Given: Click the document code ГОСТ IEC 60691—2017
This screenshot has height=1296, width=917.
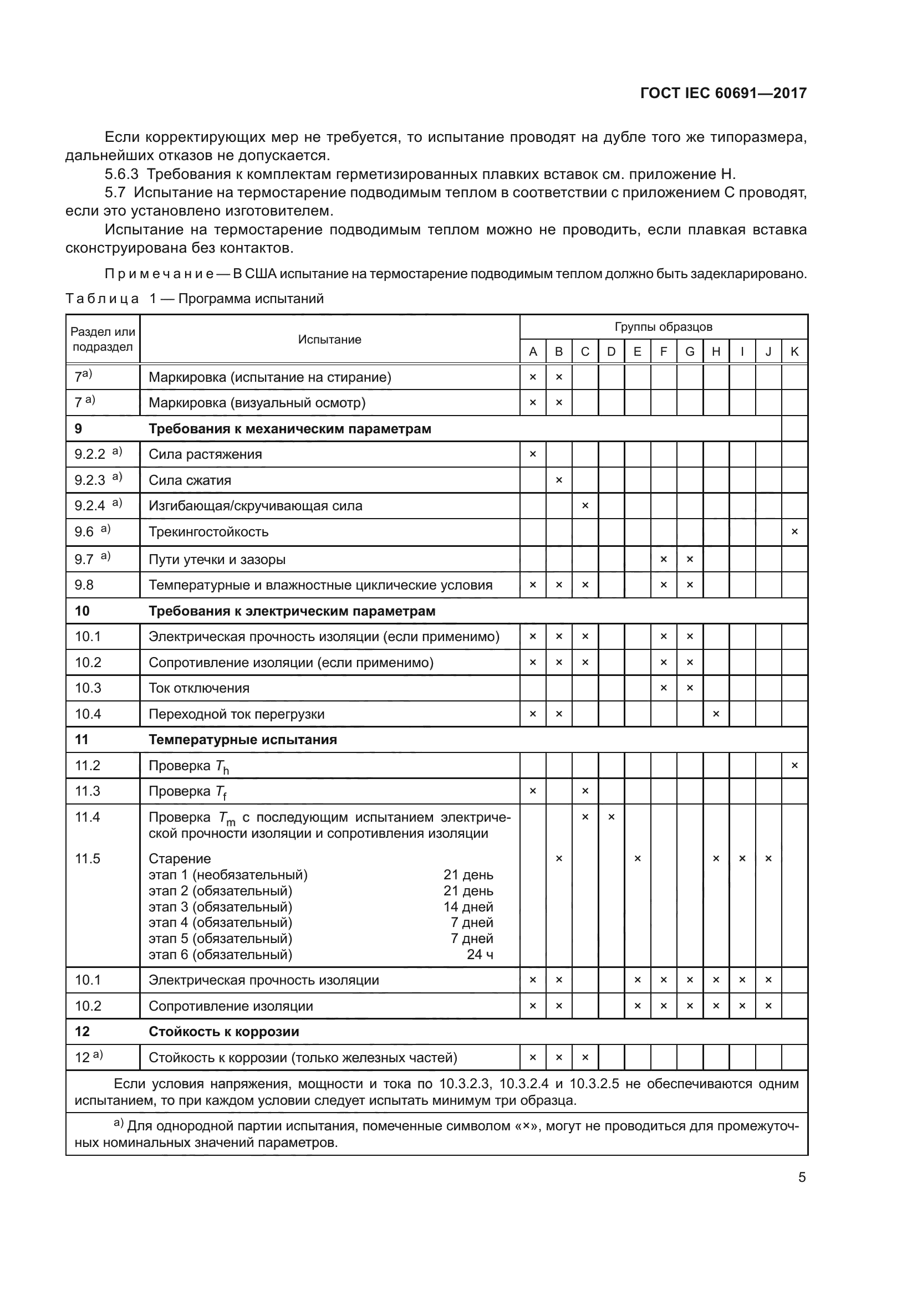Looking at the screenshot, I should [x=724, y=93].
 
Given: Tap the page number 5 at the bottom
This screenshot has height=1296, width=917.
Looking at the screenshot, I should [x=802, y=1177].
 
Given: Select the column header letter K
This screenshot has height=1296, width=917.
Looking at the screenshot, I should [x=794, y=352].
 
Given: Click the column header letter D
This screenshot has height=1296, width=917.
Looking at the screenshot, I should [x=611, y=352].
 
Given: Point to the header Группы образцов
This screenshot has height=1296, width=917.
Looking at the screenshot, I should [x=663, y=327].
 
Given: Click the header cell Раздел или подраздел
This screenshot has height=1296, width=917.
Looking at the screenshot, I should [x=103, y=339].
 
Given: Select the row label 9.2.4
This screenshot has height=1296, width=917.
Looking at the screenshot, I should [x=90, y=506].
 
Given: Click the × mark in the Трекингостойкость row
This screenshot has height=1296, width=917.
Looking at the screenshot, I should [x=794, y=532].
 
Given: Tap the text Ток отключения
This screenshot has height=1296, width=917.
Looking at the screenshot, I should [x=199, y=688].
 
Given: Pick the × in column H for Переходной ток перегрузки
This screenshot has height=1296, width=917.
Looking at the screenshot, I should [x=716, y=714].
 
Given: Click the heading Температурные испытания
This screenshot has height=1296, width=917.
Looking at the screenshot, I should [x=242, y=740].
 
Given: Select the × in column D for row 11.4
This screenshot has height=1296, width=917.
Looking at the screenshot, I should [x=611, y=817].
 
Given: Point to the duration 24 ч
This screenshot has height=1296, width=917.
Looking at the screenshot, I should [x=480, y=955].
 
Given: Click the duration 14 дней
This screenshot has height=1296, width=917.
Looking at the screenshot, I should [x=468, y=906].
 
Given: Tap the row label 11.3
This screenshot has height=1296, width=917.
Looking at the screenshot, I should [x=88, y=791].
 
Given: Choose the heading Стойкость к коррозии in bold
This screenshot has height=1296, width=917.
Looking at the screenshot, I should [x=223, y=1031].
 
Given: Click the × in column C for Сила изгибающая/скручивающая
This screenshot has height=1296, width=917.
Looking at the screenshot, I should [x=585, y=506].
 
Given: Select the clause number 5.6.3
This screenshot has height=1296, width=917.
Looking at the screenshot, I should [x=121, y=174].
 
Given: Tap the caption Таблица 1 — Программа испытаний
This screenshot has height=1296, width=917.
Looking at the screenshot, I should [x=195, y=299].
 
